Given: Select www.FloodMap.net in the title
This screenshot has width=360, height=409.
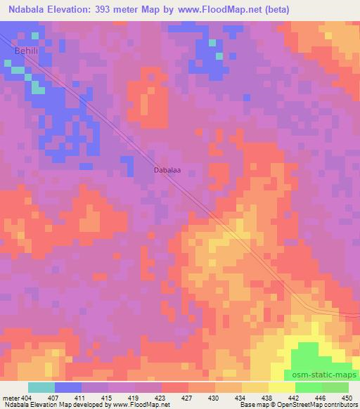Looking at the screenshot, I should click(x=217, y=9).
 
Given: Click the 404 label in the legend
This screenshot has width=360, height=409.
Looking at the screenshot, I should click(x=28, y=397).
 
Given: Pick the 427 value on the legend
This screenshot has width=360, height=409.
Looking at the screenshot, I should click(x=188, y=397).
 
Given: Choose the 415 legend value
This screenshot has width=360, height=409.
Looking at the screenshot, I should click(x=108, y=397).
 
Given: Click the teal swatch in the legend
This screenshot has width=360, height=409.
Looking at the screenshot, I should click(x=41, y=387).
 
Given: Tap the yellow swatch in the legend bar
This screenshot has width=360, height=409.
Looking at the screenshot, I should click(x=282, y=387).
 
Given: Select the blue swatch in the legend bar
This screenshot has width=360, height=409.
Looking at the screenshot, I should click(x=68, y=387).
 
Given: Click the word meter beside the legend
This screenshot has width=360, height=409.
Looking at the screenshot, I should click(x=11, y=397).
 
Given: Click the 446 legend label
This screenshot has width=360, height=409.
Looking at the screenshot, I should click(x=321, y=397).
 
